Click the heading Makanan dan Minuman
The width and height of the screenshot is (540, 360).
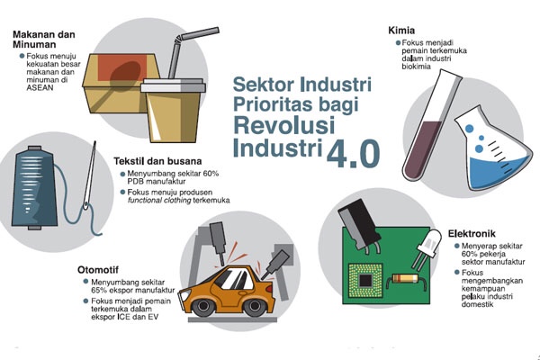(44, 40)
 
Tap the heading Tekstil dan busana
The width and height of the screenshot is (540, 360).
(157, 161)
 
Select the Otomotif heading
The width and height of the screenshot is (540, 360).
(98, 269)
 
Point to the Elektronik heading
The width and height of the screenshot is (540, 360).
(472, 234)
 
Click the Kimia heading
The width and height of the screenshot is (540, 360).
(401, 31)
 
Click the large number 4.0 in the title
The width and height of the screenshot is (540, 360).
(353, 153)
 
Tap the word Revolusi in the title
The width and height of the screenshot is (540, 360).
(284, 125)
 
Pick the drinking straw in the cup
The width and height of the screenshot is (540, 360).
(188, 51)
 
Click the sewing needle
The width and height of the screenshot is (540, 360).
(89, 175)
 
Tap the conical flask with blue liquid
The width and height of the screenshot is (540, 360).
(490, 151)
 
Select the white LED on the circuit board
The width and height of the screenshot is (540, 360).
(427, 247)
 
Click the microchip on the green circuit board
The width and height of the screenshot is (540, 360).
(365, 281)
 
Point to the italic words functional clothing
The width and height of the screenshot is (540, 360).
(159, 201)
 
